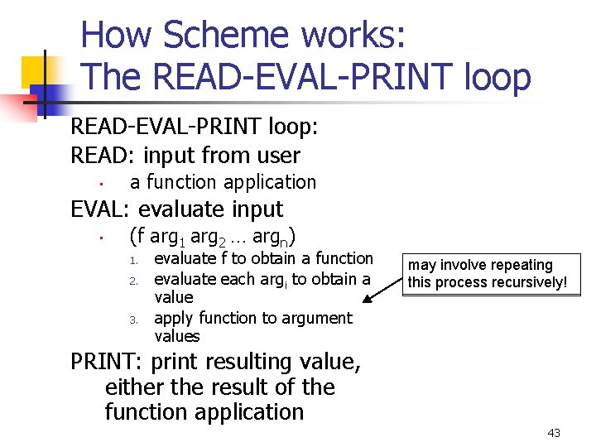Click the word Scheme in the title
click(x=228, y=36)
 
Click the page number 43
click(x=554, y=433)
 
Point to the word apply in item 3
click(x=174, y=319)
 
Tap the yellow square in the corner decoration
click(x=37, y=73)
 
